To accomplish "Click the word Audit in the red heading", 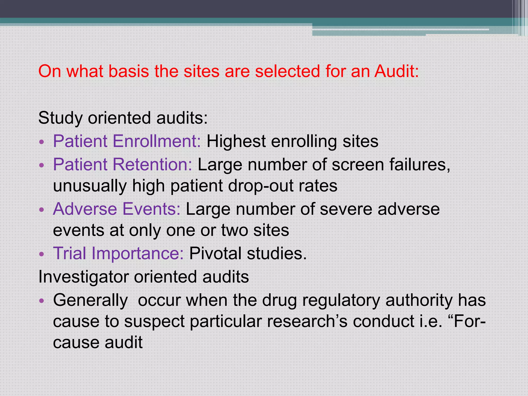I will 397,71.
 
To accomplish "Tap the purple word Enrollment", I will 156,141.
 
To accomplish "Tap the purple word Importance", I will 137,253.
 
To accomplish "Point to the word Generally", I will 90,300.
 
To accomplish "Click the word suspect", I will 154,321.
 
